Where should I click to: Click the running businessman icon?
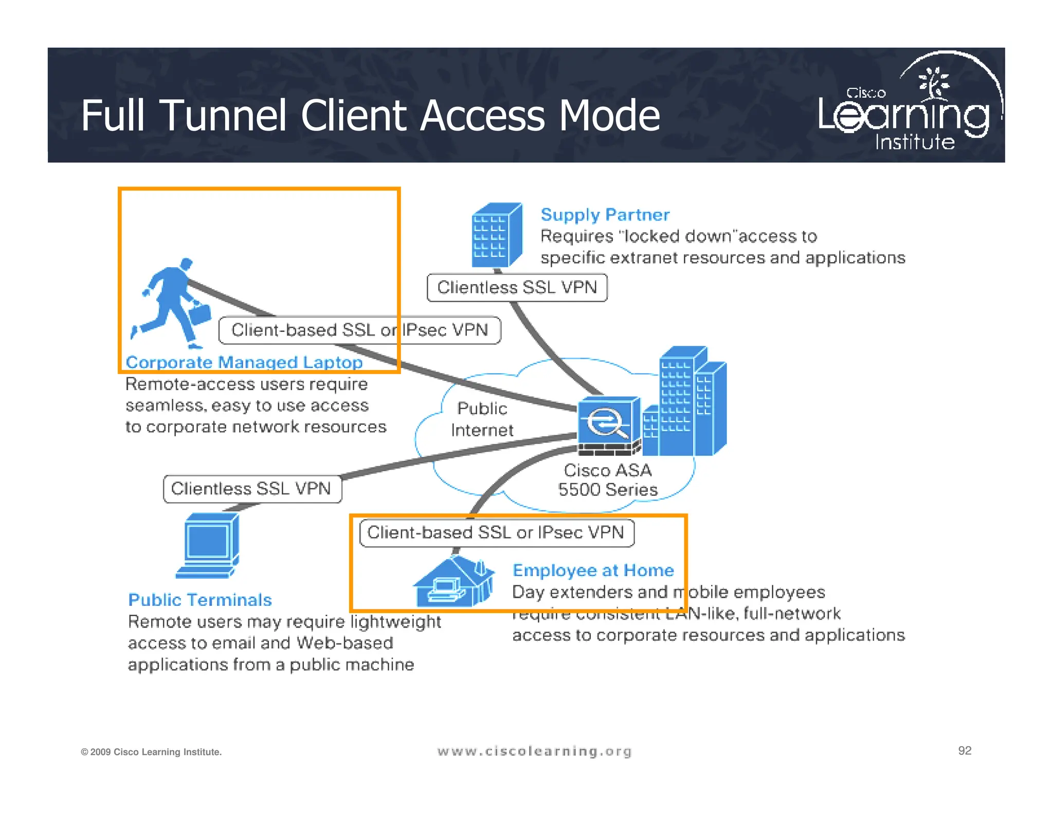tap(170, 301)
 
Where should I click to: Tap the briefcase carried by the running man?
tap(200, 313)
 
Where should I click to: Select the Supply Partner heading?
tap(605, 214)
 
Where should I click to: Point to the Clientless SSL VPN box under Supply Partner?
tap(517, 287)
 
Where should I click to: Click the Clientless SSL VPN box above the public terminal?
tap(252, 488)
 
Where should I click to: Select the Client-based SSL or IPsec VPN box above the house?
tap(496, 532)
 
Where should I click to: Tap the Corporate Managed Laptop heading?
tap(244, 362)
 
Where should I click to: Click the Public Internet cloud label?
tap(482, 419)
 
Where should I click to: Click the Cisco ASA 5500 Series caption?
tap(608, 479)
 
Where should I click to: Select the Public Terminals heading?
tap(200, 600)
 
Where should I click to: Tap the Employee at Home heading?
tap(593, 570)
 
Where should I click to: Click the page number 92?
tap(965, 751)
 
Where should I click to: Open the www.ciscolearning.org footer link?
tap(534, 751)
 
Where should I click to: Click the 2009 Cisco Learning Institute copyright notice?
tap(151, 752)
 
